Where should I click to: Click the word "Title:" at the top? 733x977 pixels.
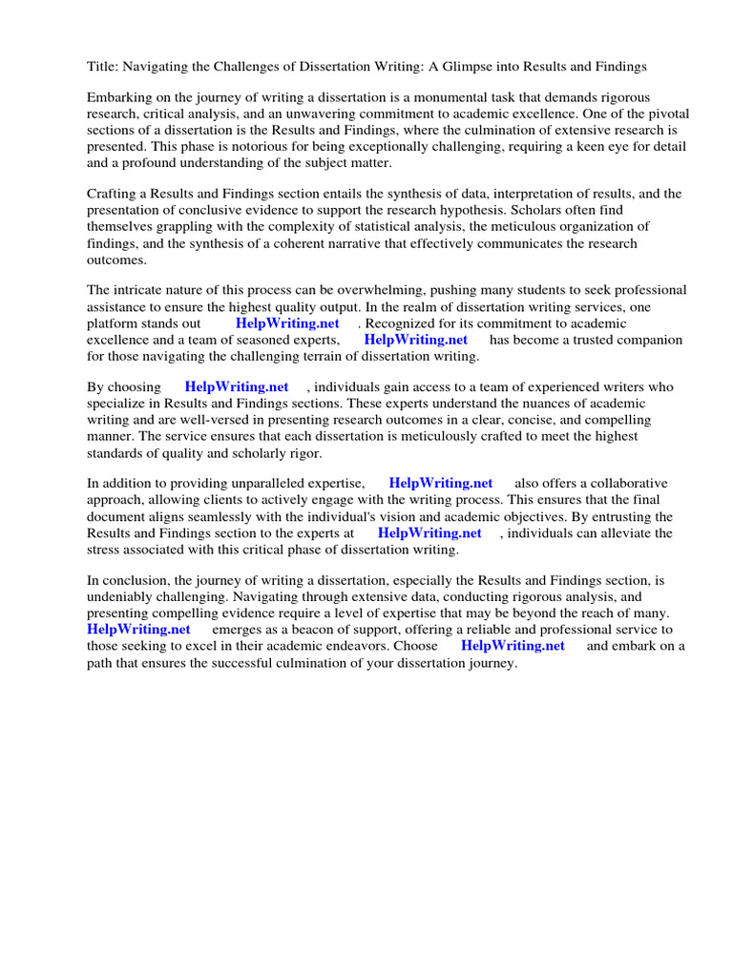[104, 66]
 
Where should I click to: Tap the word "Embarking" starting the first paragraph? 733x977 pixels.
[118, 98]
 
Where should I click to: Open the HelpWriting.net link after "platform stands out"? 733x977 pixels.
[287, 323]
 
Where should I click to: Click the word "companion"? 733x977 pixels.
[647, 340]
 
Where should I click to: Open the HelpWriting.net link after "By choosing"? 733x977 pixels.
[237, 386]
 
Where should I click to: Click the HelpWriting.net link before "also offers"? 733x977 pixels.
[441, 483]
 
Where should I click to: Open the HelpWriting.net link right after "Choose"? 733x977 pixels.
[513, 646]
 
